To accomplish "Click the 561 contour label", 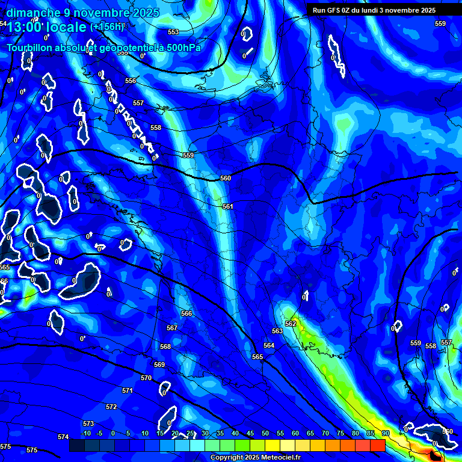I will (x=227, y=206).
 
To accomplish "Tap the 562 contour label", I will (x=291, y=324).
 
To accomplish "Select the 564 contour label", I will (x=269, y=345).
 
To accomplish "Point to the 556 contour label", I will (x=131, y=81).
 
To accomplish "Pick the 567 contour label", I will (x=172, y=328).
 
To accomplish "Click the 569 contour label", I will (x=159, y=365).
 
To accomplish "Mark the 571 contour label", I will (x=127, y=390).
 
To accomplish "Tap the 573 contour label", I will (x=88, y=423).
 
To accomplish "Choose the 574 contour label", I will (x=63, y=437).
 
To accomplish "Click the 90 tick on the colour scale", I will (x=385, y=433).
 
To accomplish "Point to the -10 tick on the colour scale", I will (x=85, y=433).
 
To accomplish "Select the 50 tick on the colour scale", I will (x=265, y=433).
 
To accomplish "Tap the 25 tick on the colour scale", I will (x=190, y=433).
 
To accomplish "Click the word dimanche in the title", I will (x=33, y=13).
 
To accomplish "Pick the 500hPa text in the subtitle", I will (x=178, y=48).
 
